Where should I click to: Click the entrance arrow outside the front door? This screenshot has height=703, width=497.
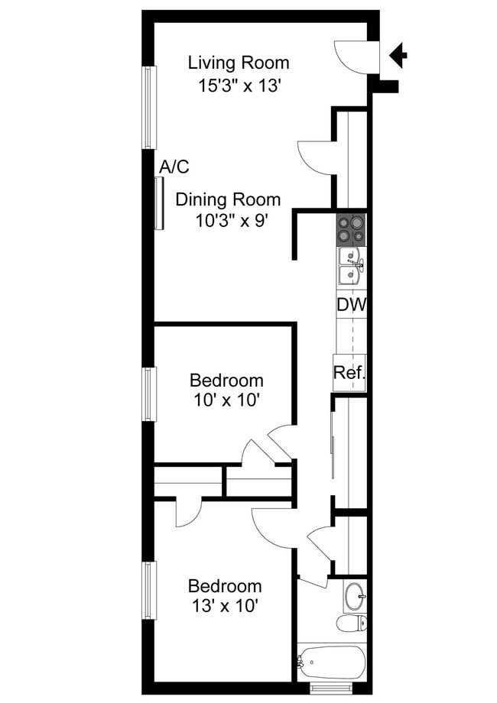399,55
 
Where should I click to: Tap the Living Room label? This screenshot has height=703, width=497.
239,63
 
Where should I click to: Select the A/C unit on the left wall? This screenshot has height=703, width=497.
159,202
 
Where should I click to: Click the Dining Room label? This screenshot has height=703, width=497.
228,200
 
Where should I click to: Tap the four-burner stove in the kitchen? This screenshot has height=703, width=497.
351,229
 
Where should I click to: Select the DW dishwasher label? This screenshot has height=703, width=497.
351,305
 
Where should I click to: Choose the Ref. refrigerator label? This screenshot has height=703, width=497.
349,374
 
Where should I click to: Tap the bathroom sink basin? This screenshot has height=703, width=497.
354,596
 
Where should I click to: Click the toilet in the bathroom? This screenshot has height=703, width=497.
351,623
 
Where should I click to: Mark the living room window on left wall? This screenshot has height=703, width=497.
149,107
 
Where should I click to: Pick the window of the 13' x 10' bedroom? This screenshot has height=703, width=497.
149,590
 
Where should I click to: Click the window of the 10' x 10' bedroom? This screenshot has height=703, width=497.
149,394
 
